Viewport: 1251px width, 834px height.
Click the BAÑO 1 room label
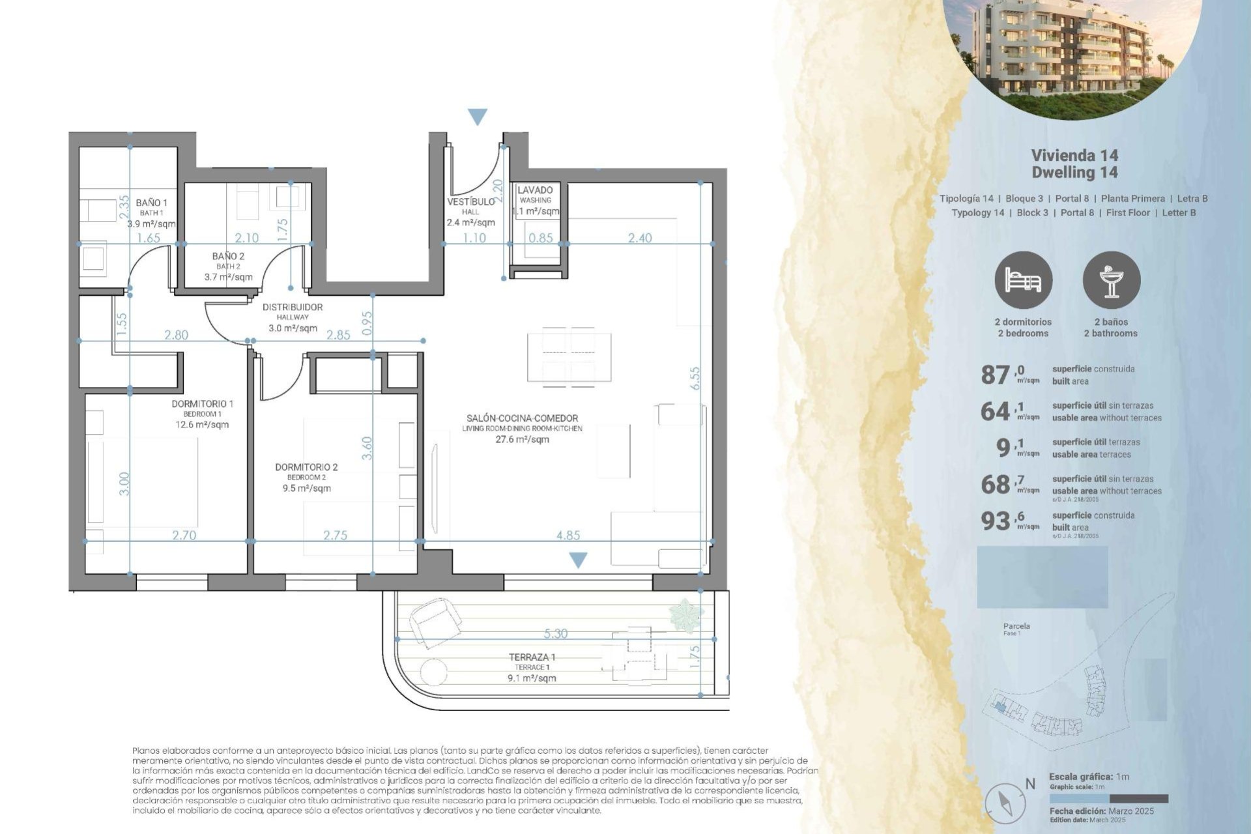pos(151,203)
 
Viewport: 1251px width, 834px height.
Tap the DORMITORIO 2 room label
pos(306,467)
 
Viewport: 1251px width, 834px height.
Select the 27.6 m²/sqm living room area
pos(522,439)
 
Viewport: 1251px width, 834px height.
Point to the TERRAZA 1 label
pos(532,657)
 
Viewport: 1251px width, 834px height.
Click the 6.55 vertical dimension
pos(695,379)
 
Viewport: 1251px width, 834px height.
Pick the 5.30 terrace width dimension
pos(555,633)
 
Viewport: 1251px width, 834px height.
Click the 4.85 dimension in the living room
pos(568,535)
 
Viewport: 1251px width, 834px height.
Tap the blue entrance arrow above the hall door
pos(478,117)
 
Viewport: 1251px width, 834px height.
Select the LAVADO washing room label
pos(535,190)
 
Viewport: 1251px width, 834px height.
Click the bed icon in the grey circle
pos(1023,280)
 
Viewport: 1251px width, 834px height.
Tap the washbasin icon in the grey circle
pos(1111,280)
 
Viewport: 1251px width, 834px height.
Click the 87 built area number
pos(995,375)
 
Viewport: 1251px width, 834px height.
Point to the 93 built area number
pos(995,521)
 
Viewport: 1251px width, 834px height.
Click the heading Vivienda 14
pos(1074,155)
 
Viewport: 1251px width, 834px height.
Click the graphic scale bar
pos(1108,798)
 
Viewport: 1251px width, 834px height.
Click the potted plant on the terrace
pos(685,614)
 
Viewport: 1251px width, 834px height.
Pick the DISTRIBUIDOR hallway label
pos(292,307)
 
